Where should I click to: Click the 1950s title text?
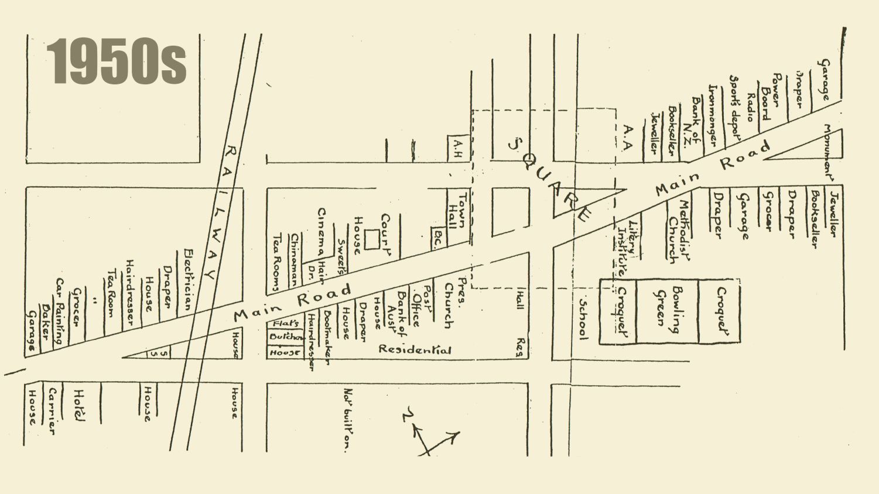pyautogui.click(x=117, y=61)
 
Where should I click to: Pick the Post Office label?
pyautogui.click(x=421, y=305)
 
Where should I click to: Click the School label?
pyautogui.click(x=583, y=318)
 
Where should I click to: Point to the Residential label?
pyautogui.click(x=415, y=349)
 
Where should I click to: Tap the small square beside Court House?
pyautogui.click(x=371, y=239)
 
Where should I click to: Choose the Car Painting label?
pyautogui.click(x=60, y=310)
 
